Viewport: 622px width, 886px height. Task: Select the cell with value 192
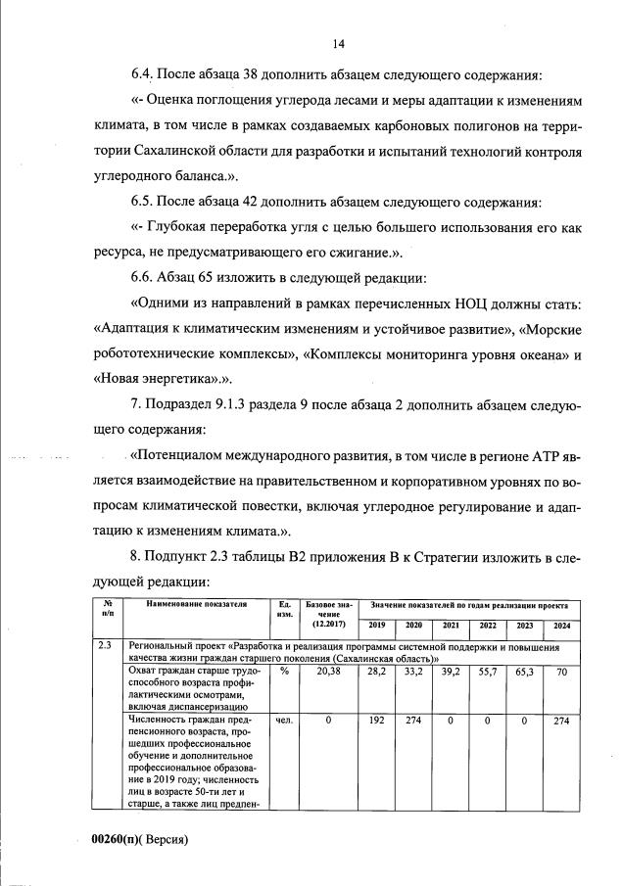(376, 721)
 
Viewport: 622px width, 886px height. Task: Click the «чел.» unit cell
(284, 721)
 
